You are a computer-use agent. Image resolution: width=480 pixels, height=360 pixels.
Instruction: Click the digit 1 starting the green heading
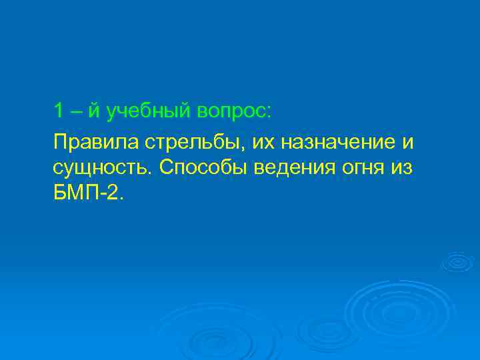[x=59, y=110]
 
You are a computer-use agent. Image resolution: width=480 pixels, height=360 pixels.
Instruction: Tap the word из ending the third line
[x=402, y=167]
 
